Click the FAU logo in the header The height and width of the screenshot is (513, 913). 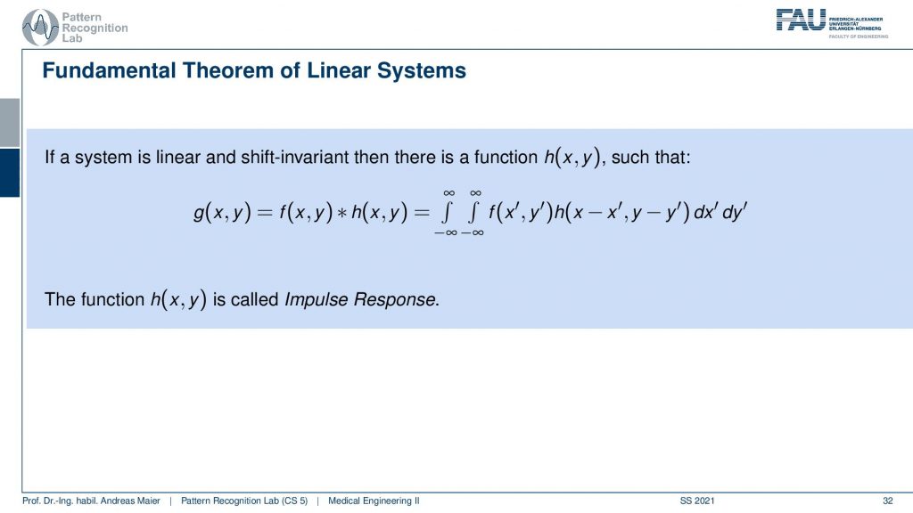pos(801,20)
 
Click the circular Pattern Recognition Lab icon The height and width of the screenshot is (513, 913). pos(40,28)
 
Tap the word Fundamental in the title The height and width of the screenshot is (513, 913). pos(110,70)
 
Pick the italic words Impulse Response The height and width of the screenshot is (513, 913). pos(360,299)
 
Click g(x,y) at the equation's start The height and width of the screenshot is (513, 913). pos(222,212)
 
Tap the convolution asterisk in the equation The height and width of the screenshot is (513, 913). pos(341,212)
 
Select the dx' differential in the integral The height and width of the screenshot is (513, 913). pos(705,212)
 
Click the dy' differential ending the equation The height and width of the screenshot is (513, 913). pos(735,212)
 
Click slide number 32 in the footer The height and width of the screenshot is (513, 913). pos(887,501)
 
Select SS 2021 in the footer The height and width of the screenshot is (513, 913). pos(697,501)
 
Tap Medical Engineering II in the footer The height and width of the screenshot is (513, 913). pos(374,501)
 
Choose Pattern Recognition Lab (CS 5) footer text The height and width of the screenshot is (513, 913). pos(244,501)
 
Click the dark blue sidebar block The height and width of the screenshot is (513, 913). pos(10,173)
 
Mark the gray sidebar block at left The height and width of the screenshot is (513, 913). pos(10,123)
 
